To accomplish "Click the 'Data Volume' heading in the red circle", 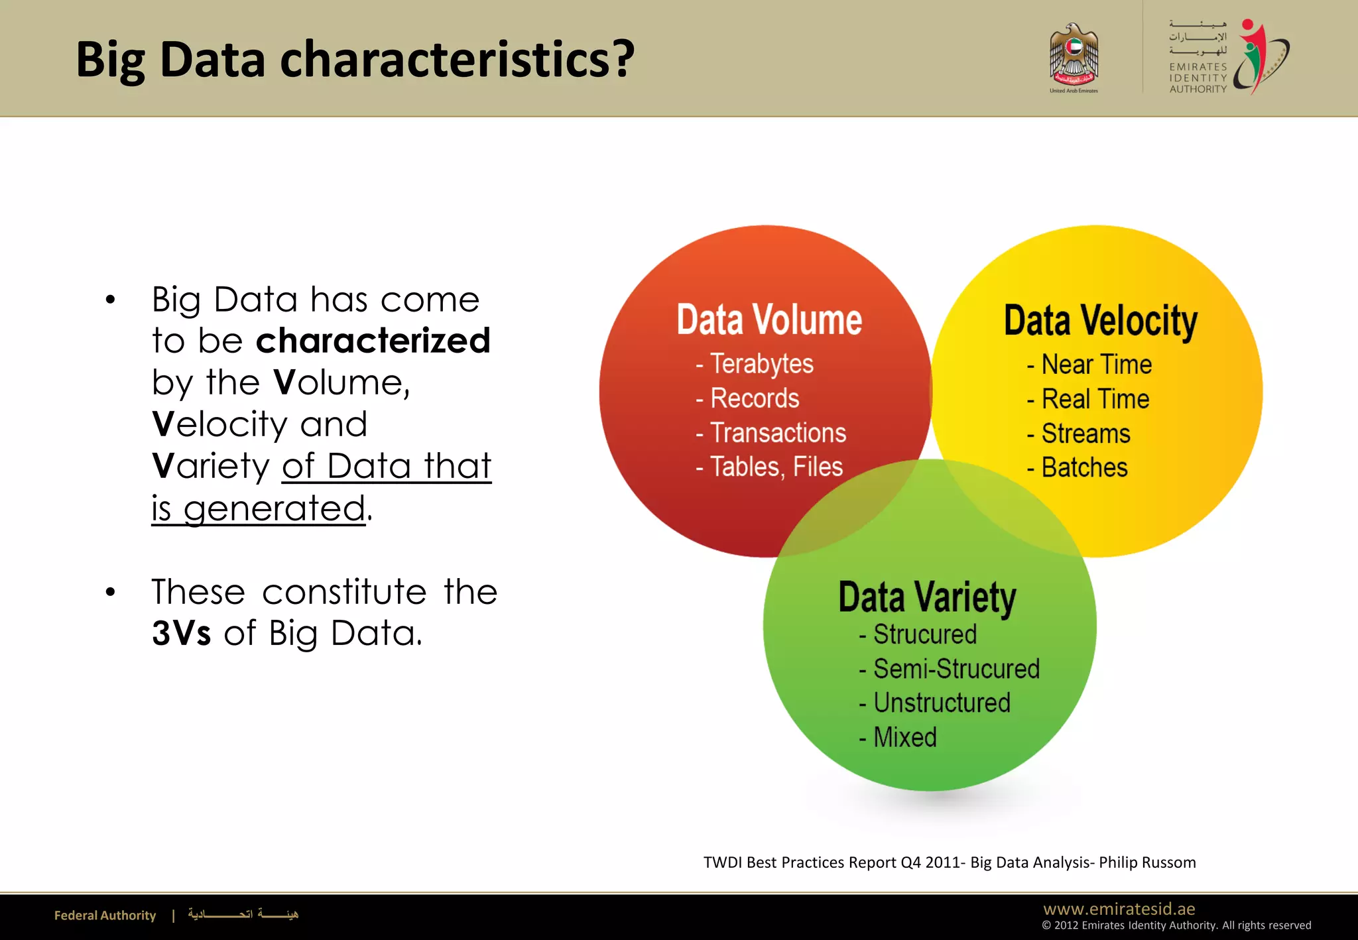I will point(769,321).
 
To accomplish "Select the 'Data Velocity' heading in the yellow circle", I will point(1101,322).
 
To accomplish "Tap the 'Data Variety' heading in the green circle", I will point(927,597).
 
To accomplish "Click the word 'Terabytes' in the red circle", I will point(762,364).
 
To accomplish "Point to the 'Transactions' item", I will point(778,433).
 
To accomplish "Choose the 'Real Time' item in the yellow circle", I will point(1095,399).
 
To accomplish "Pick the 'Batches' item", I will point(1084,468).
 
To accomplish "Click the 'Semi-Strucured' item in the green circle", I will point(956,669).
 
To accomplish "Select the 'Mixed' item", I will point(905,737).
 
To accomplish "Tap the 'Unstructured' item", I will point(942,703).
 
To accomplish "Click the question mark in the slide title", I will point(624,60).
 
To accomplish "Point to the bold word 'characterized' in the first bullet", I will point(373,341).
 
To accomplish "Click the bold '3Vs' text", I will point(182,633).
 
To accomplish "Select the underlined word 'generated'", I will point(275,508).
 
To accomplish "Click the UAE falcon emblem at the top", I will point(1074,56).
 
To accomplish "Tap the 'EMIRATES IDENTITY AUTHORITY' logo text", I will point(1198,78).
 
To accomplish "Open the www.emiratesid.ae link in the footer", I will point(1119,909).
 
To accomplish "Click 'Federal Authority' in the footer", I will point(105,915).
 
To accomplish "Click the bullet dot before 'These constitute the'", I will point(111,592).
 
